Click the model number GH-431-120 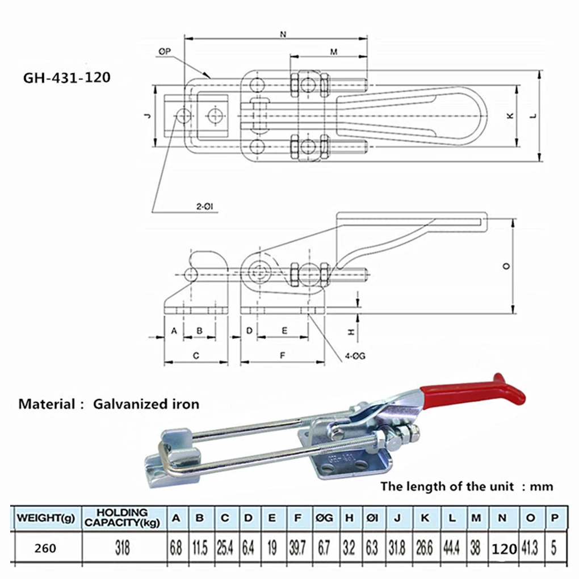tap(67, 78)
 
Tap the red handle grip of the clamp tap(476, 392)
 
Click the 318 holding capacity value tap(123, 548)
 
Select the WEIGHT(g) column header tap(46, 518)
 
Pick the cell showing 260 tap(45, 548)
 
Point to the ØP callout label tap(165, 52)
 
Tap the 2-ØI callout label tap(204, 207)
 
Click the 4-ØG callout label tap(355, 356)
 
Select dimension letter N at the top tap(283, 34)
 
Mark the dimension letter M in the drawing tap(334, 52)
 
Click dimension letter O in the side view tap(506, 266)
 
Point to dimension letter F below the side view tap(283, 355)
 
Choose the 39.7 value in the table tap(297, 548)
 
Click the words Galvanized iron tap(146, 404)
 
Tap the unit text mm tap(542, 486)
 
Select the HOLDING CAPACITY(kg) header tap(122, 518)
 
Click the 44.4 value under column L tap(451, 548)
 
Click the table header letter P tap(554, 518)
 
